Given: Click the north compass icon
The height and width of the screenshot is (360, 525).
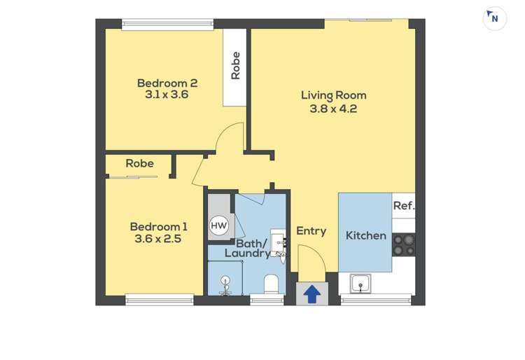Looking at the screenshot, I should [x=494, y=18].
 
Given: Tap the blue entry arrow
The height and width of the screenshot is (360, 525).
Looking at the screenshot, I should [x=312, y=295].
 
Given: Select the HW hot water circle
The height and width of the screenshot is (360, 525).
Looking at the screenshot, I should [x=219, y=226].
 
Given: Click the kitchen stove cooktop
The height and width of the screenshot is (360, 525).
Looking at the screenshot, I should [x=403, y=244].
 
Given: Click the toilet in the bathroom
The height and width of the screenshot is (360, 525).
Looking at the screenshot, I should [x=271, y=284].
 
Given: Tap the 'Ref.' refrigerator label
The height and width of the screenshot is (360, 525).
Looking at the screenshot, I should [x=403, y=206].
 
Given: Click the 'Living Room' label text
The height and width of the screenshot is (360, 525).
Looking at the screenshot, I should [x=333, y=95].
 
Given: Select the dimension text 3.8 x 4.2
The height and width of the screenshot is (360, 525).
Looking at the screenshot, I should [x=333, y=109].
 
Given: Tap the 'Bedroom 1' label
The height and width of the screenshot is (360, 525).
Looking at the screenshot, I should [x=158, y=226].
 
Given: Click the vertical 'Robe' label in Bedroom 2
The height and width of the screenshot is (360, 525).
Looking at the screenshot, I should [x=235, y=66].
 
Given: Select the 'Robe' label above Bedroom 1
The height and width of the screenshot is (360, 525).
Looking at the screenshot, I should [x=139, y=163].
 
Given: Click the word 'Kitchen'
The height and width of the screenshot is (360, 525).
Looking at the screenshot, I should [x=365, y=235].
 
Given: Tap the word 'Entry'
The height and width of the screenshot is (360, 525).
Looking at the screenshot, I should [x=311, y=231].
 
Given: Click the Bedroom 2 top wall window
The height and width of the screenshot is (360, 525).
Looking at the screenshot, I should [x=167, y=24].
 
